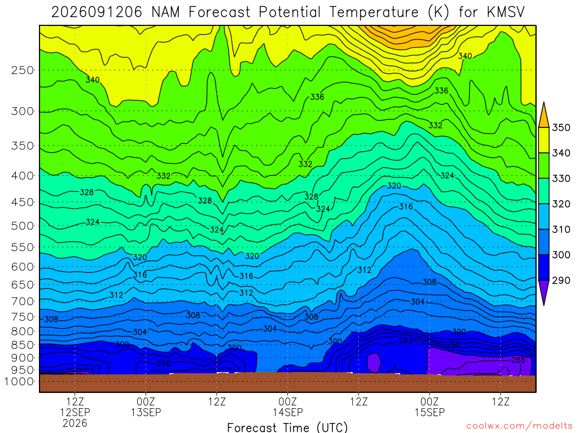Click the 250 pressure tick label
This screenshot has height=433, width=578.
click(x=22, y=70)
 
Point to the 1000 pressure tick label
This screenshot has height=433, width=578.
click(x=19, y=382)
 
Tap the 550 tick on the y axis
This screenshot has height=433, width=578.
click(x=22, y=247)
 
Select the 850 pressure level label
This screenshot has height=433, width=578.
click(x=22, y=345)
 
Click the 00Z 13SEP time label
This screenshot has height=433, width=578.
click(x=146, y=407)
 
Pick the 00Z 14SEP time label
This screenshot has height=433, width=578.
click(x=287, y=407)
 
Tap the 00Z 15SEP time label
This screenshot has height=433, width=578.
click(x=430, y=407)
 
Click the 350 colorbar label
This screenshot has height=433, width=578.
click(x=561, y=127)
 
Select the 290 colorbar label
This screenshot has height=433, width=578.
click(x=561, y=280)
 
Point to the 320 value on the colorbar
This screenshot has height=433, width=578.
click(x=561, y=204)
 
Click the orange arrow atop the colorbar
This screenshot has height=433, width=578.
click(x=544, y=115)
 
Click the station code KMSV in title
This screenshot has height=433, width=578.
click(x=505, y=12)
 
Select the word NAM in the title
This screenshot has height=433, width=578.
click(x=165, y=12)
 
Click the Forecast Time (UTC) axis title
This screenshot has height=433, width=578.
click(x=287, y=427)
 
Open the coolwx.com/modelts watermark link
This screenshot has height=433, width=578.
click(x=519, y=426)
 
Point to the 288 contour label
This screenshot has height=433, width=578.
click(x=518, y=360)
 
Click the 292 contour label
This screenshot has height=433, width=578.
click(x=405, y=341)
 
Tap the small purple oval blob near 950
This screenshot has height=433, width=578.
click(x=374, y=363)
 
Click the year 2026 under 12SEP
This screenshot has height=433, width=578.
click(x=75, y=423)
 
